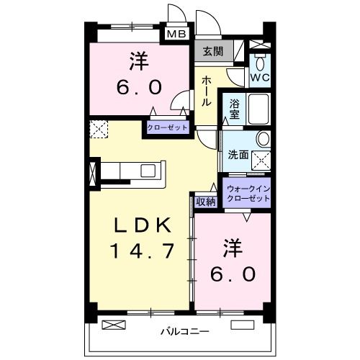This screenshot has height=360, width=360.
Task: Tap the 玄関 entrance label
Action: (x=212, y=51)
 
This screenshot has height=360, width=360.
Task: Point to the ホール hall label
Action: (x=206, y=91)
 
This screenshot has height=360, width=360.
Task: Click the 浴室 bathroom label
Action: (x=235, y=109)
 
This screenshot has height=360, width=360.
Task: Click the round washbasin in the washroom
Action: (x=263, y=138)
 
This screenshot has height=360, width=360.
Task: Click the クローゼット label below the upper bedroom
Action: (x=167, y=127)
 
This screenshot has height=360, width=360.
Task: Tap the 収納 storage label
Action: (x=206, y=202)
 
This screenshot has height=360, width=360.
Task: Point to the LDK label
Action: (x=143, y=225)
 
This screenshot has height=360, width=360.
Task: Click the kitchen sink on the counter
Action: (x=149, y=171)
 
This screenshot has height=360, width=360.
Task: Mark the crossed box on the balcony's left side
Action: (x=112, y=325)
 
